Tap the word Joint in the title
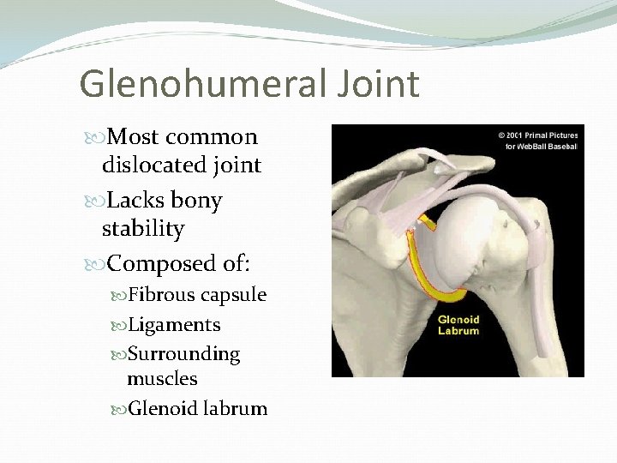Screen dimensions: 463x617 375,84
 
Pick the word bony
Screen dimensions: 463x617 196,201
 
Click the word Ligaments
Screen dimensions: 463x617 174,325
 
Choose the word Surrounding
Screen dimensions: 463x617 183,353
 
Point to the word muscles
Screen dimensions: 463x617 162,378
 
